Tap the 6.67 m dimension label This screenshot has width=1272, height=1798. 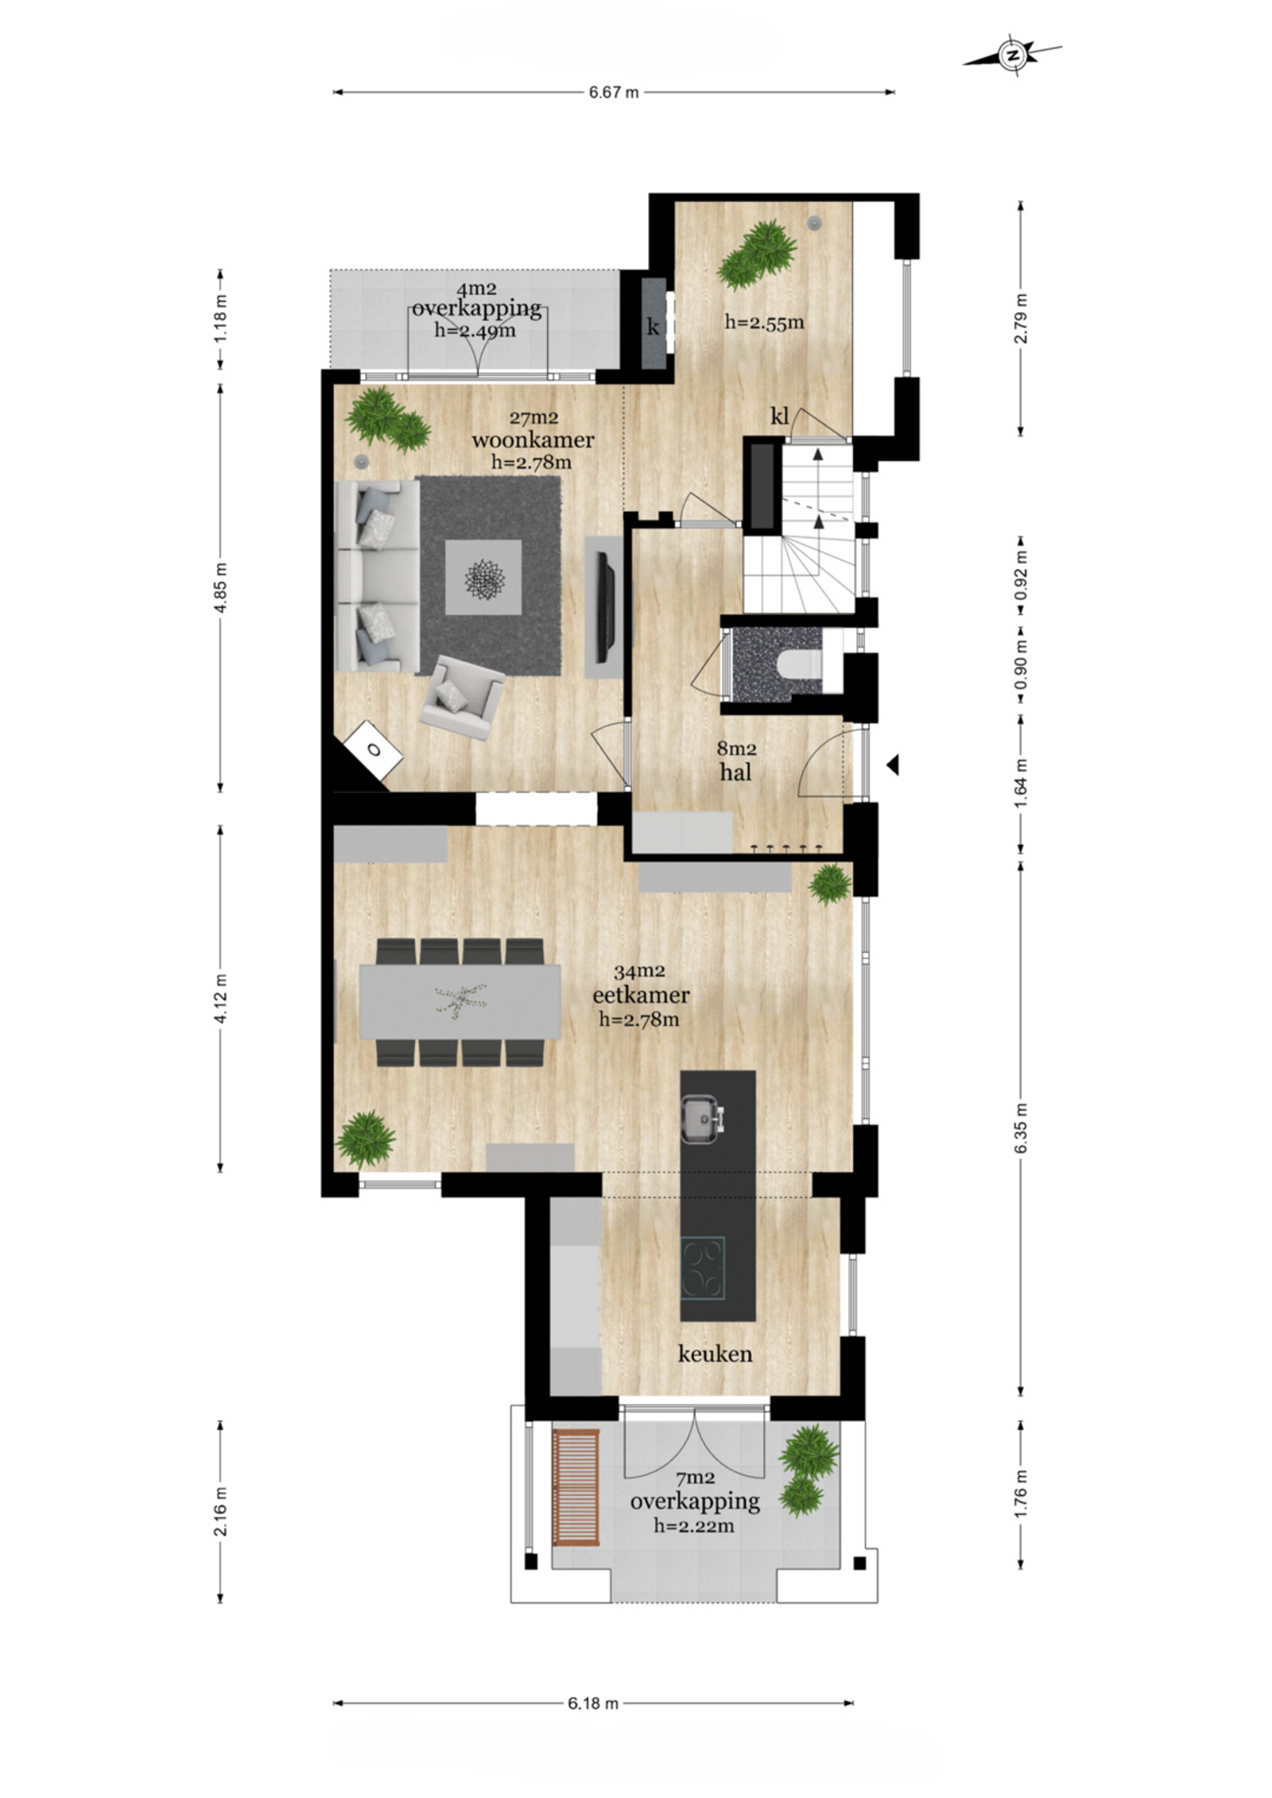pos(614,92)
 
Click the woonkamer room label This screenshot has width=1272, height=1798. pos(533,440)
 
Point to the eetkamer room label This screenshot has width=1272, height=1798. pos(641,994)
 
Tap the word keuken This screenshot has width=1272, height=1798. pos(715,1354)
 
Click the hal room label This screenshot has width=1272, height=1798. pos(735,771)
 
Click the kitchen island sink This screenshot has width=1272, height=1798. pos(702,1117)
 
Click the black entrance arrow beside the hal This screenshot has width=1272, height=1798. pos(893,765)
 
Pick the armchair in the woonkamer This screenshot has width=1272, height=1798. pos(462,697)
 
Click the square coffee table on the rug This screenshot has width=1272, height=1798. pos(483,577)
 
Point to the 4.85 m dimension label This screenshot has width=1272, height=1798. pos(222,587)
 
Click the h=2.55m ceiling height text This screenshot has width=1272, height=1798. pos(764,322)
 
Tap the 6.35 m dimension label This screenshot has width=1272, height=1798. pos(1022,1128)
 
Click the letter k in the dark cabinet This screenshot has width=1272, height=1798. pos(653,327)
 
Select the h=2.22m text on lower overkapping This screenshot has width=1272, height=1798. pos(694,1525)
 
